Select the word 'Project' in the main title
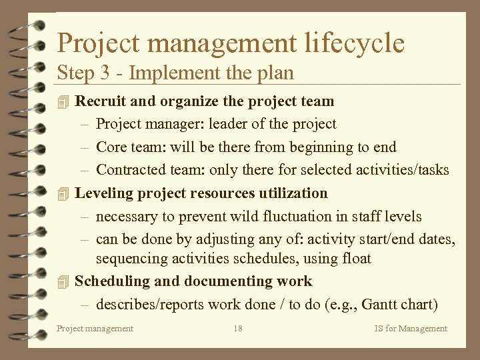pyautogui.click(x=97, y=43)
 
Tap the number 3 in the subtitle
pyautogui.click(x=106, y=73)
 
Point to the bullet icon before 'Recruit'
pyautogui.click(x=63, y=102)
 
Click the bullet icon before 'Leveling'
pyautogui.click(x=63, y=194)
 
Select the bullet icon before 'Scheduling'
pyautogui.click(x=63, y=282)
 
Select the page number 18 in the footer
pyautogui.click(x=238, y=328)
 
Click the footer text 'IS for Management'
pyautogui.click(x=411, y=328)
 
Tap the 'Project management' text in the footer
pyautogui.click(x=95, y=328)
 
